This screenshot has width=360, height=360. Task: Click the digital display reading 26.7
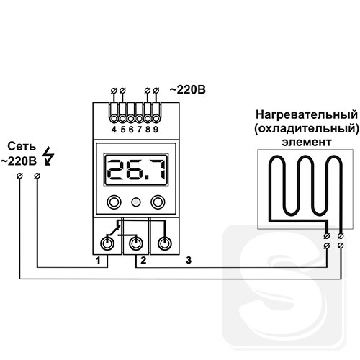coord(136,170)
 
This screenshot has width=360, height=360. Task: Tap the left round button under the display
coord(114,202)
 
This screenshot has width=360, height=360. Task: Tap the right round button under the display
coord(158,202)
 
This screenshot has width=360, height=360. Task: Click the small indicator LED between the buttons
coord(136,202)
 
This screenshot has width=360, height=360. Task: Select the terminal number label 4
coord(114,130)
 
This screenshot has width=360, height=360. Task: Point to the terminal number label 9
coord(156,130)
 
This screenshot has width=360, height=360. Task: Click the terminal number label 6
coord(131,130)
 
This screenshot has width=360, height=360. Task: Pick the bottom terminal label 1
coord(98,260)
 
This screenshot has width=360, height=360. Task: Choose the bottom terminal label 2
coord(143,260)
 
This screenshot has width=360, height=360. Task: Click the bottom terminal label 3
coord(189,260)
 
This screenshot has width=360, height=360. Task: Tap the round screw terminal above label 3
coord(165,244)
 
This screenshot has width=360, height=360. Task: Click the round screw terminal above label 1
coord(107,244)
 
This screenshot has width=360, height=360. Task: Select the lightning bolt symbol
coord(48,156)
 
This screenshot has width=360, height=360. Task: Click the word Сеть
coord(22,146)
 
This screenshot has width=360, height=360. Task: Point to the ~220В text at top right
coord(188,90)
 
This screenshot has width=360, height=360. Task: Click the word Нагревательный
coord(307,114)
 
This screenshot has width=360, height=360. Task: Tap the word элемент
coord(307,142)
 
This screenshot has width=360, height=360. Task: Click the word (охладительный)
coord(307,129)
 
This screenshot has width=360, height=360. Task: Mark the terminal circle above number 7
coord(140,119)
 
